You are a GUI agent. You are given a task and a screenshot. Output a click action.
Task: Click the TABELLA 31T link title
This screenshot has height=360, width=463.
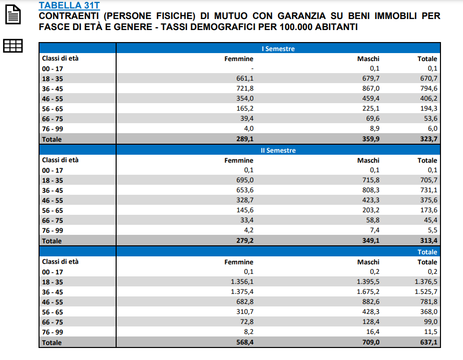[x=69, y=6]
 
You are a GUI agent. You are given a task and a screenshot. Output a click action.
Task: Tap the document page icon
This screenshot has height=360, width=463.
[x=14, y=15]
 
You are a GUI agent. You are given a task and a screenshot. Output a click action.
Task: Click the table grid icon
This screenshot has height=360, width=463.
[x=14, y=46]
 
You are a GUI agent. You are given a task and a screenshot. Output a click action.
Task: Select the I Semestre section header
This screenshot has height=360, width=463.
[x=278, y=49]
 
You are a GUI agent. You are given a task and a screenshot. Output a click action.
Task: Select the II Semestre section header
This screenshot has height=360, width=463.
[x=278, y=150]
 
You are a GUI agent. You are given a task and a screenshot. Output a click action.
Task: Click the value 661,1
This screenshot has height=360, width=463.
[x=245, y=79]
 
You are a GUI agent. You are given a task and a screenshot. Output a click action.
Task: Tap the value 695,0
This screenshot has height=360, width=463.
[x=245, y=180]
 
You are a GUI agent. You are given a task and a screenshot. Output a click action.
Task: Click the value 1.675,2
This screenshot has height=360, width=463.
[x=367, y=292]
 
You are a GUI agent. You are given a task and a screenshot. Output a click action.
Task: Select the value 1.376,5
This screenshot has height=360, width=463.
[x=425, y=282]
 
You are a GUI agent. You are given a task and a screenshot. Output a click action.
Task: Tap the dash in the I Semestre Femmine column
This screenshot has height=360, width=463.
[x=252, y=69]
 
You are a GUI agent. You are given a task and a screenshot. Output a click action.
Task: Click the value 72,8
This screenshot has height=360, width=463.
[x=246, y=322]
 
